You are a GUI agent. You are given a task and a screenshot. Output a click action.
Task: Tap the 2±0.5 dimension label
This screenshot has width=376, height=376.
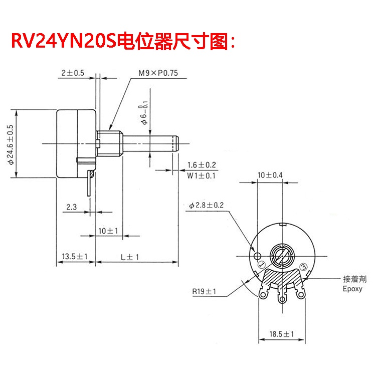click(73, 73)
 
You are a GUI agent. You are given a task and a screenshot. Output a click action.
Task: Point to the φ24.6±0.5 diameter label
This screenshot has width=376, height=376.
click(10, 145)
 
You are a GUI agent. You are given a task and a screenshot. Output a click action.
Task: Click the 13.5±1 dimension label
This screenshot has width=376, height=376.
click(75, 257)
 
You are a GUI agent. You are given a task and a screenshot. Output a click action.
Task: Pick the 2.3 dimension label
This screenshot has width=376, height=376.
click(71, 207)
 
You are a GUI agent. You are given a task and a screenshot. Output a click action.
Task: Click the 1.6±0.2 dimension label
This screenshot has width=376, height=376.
click(201, 165)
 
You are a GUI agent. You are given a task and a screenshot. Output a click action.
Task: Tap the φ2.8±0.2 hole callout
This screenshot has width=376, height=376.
click(207, 206)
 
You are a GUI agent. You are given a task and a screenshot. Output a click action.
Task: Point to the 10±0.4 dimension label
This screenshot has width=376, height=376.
click(270, 175)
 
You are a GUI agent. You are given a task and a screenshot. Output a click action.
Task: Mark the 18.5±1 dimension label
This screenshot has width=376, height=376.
click(282, 334)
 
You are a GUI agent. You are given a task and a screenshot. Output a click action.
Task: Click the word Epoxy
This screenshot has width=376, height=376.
click(352, 289)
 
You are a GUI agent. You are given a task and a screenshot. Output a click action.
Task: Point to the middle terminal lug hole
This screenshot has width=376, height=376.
click(282, 300)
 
